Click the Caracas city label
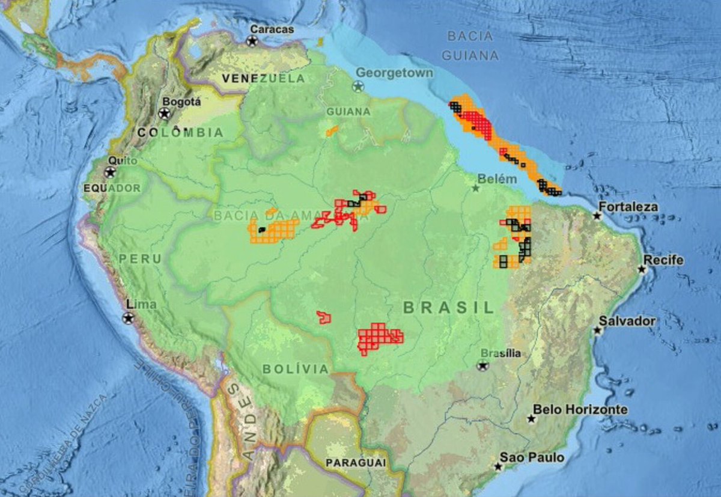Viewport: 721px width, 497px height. click(272, 29)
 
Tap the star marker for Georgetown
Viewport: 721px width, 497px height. click(358, 87)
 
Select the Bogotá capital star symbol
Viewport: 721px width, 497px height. click(163, 114)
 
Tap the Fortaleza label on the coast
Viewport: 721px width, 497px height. click(628, 207)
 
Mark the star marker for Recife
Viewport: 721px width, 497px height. click(642, 269)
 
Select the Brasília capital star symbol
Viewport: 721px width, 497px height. click(482, 365)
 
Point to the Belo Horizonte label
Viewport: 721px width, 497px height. click(580, 410)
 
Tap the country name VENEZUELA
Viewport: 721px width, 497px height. click(263, 78)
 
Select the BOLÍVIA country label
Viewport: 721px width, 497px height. click(295, 369)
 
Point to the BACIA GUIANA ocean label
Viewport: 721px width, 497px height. click(470, 46)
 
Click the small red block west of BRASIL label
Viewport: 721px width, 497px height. click(324, 317)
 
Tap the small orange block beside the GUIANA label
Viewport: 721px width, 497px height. click(332, 130)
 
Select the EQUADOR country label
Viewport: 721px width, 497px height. click(112, 188)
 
